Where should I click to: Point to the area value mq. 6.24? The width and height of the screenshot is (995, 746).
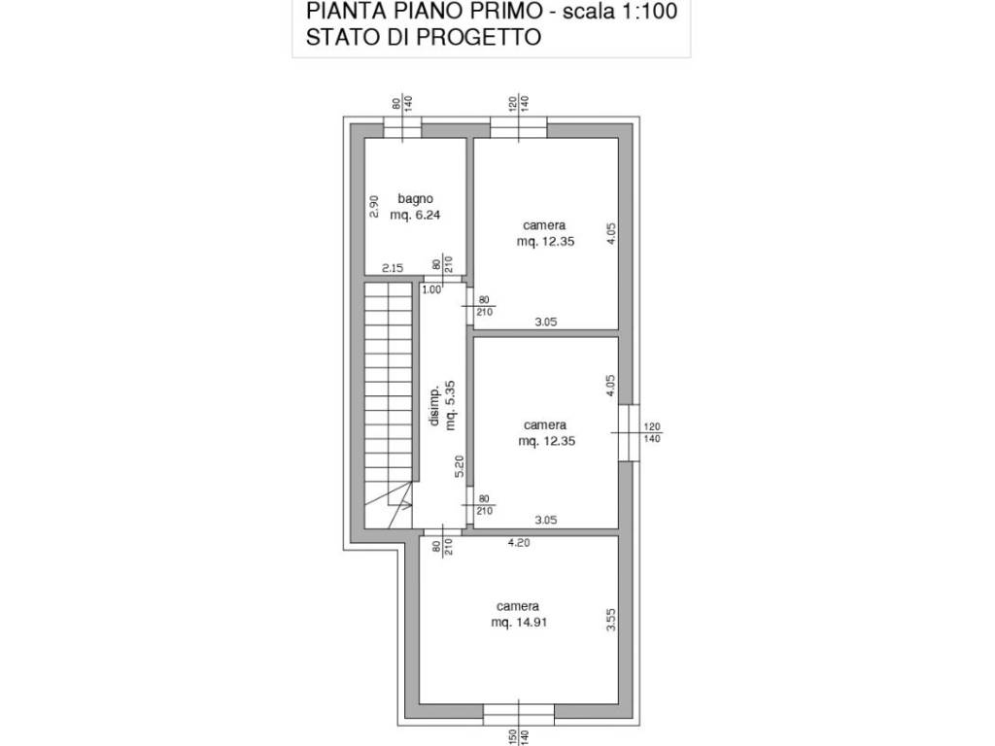[415, 216]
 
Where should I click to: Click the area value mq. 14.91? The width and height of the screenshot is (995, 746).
[520, 623]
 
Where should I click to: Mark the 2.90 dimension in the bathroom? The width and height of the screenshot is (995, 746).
[372, 207]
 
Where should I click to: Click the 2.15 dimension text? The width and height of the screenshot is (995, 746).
[393, 268]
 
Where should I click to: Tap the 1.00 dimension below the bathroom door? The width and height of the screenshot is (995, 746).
[431, 288]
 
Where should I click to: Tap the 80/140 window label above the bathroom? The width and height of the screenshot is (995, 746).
[402, 102]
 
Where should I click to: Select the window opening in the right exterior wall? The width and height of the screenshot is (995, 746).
[629, 430]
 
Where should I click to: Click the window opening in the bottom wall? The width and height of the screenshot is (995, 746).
[519, 715]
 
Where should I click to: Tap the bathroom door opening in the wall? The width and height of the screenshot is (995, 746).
[442, 279]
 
